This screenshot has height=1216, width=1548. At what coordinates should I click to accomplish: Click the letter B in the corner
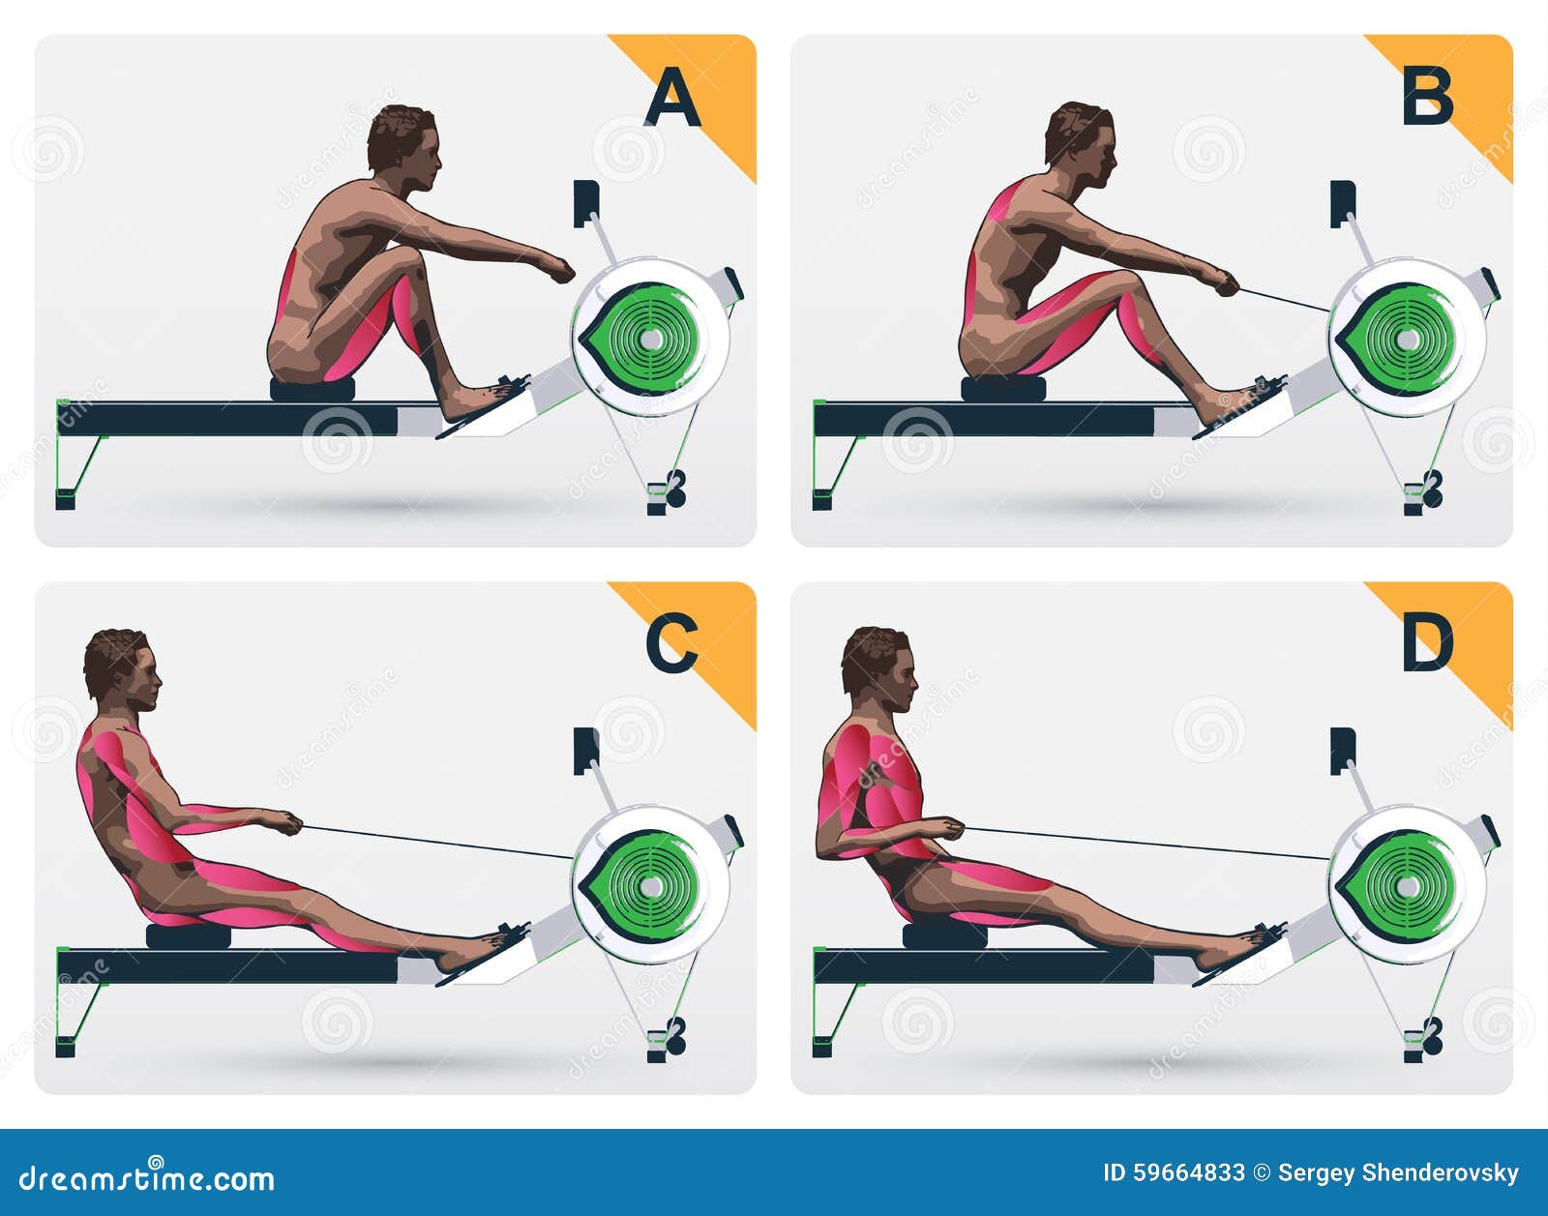[1427, 97]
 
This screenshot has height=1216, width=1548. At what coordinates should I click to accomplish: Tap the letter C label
[670, 645]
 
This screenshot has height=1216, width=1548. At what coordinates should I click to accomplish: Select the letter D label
[1427, 644]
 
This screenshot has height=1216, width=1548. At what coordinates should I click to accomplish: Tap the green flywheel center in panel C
[651, 886]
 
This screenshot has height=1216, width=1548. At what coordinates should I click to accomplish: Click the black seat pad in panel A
[312, 390]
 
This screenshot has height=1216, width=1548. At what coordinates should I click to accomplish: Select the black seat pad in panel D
[944, 935]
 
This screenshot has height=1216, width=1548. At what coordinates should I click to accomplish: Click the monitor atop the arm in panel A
[585, 201]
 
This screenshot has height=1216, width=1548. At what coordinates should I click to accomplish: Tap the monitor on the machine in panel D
[1342, 749]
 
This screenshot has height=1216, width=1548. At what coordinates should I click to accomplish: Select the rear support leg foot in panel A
[66, 499]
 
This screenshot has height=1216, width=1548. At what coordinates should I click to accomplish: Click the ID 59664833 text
[1174, 1172]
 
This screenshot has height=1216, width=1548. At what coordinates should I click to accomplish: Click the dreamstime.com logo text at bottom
[147, 1177]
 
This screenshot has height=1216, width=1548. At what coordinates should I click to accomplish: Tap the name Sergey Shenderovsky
[1398, 1172]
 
